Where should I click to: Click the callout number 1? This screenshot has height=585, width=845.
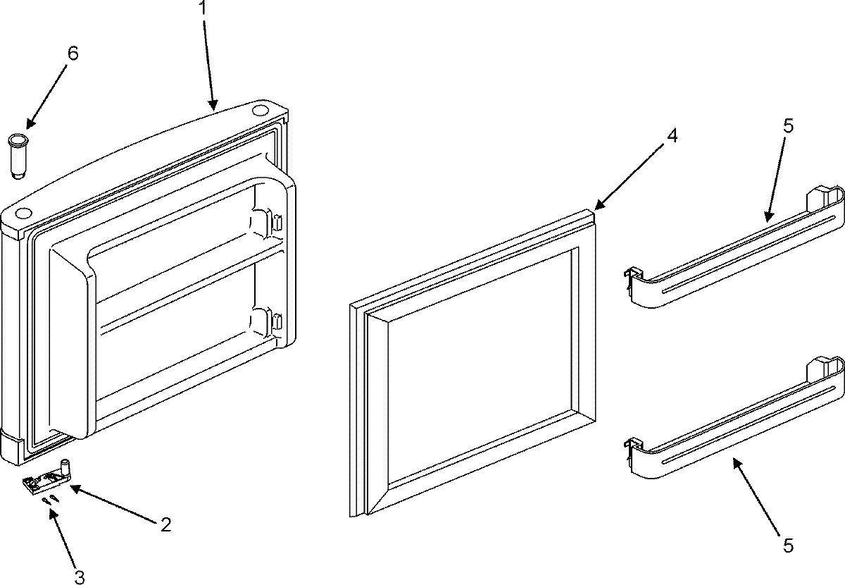[204, 10]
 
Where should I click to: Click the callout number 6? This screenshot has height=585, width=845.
[73, 53]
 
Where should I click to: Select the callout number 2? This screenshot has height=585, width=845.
[165, 524]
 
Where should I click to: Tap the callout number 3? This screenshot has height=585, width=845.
[80, 577]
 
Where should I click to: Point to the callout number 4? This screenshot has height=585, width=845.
[672, 136]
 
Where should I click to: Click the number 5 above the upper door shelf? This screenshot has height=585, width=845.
[787, 126]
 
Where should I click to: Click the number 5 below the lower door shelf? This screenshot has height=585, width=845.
[787, 544]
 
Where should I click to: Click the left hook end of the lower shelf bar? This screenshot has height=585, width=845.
[632, 452]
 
